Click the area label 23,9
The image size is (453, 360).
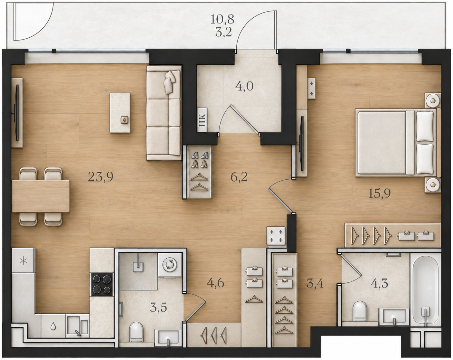pyautogui.click(x=101, y=177)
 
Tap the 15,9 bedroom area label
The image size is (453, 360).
pyautogui.click(x=380, y=194)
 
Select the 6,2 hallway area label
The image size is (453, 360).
pyautogui.click(x=239, y=177)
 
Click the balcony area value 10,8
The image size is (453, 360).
pyautogui.click(x=222, y=20)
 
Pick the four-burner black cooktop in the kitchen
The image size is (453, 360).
pyautogui.click(x=102, y=284)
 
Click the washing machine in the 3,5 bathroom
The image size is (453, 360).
pyautogui.click(x=170, y=265)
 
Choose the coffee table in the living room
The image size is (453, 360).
pyautogui.click(x=120, y=113)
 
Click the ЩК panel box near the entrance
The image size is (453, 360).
pyautogui.click(x=202, y=120)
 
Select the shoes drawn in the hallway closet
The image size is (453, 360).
pyautogui.click(x=199, y=160)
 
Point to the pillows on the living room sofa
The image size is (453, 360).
pyautogui.click(x=170, y=82)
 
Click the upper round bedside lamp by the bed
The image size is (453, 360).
pyautogui.click(x=433, y=101)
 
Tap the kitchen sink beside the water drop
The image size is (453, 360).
pyautogui.click(x=77, y=326)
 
